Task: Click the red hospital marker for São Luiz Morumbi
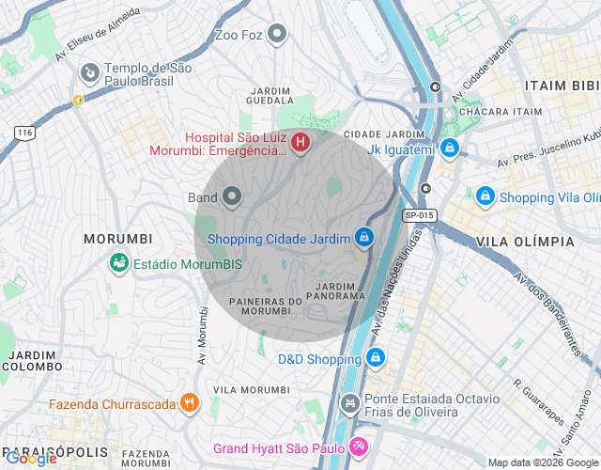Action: pos(300,143)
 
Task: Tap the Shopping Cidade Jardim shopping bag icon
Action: pos(363,238)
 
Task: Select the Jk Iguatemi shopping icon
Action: pos(451,149)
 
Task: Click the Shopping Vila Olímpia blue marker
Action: pos(485,196)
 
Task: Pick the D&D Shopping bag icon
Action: pos(375,358)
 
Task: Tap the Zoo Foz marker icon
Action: pos(276,36)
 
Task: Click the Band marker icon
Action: pos(232,196)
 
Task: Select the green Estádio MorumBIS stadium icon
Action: pos(119,263)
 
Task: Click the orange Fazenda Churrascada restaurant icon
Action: pos(190,403)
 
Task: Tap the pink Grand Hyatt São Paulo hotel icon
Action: pos(357,446)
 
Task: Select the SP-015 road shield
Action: pos(420,215)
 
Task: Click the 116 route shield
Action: pos(24,133)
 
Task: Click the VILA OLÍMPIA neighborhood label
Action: pos(525,242)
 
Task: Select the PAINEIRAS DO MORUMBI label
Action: pos(266,306)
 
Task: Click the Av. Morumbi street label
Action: pos(202,336)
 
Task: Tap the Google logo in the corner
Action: pos(30,458)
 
